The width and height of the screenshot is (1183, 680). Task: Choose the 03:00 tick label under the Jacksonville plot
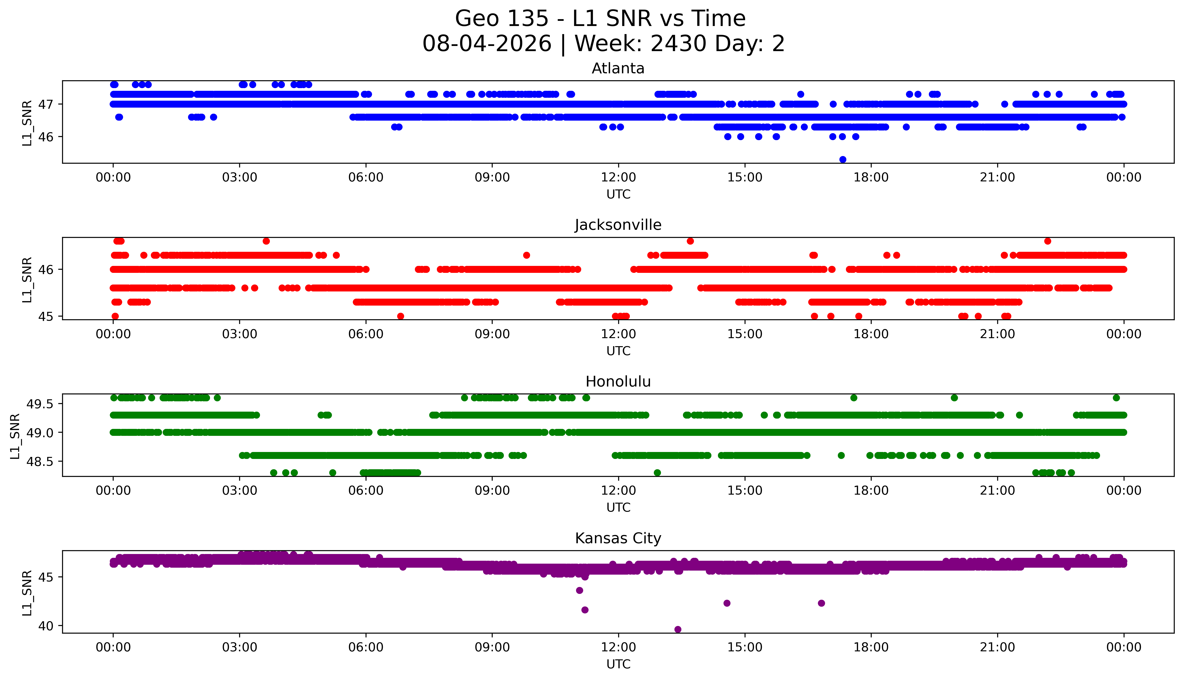click(240, 334)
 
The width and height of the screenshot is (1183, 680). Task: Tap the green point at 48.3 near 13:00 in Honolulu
click(657, 473)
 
